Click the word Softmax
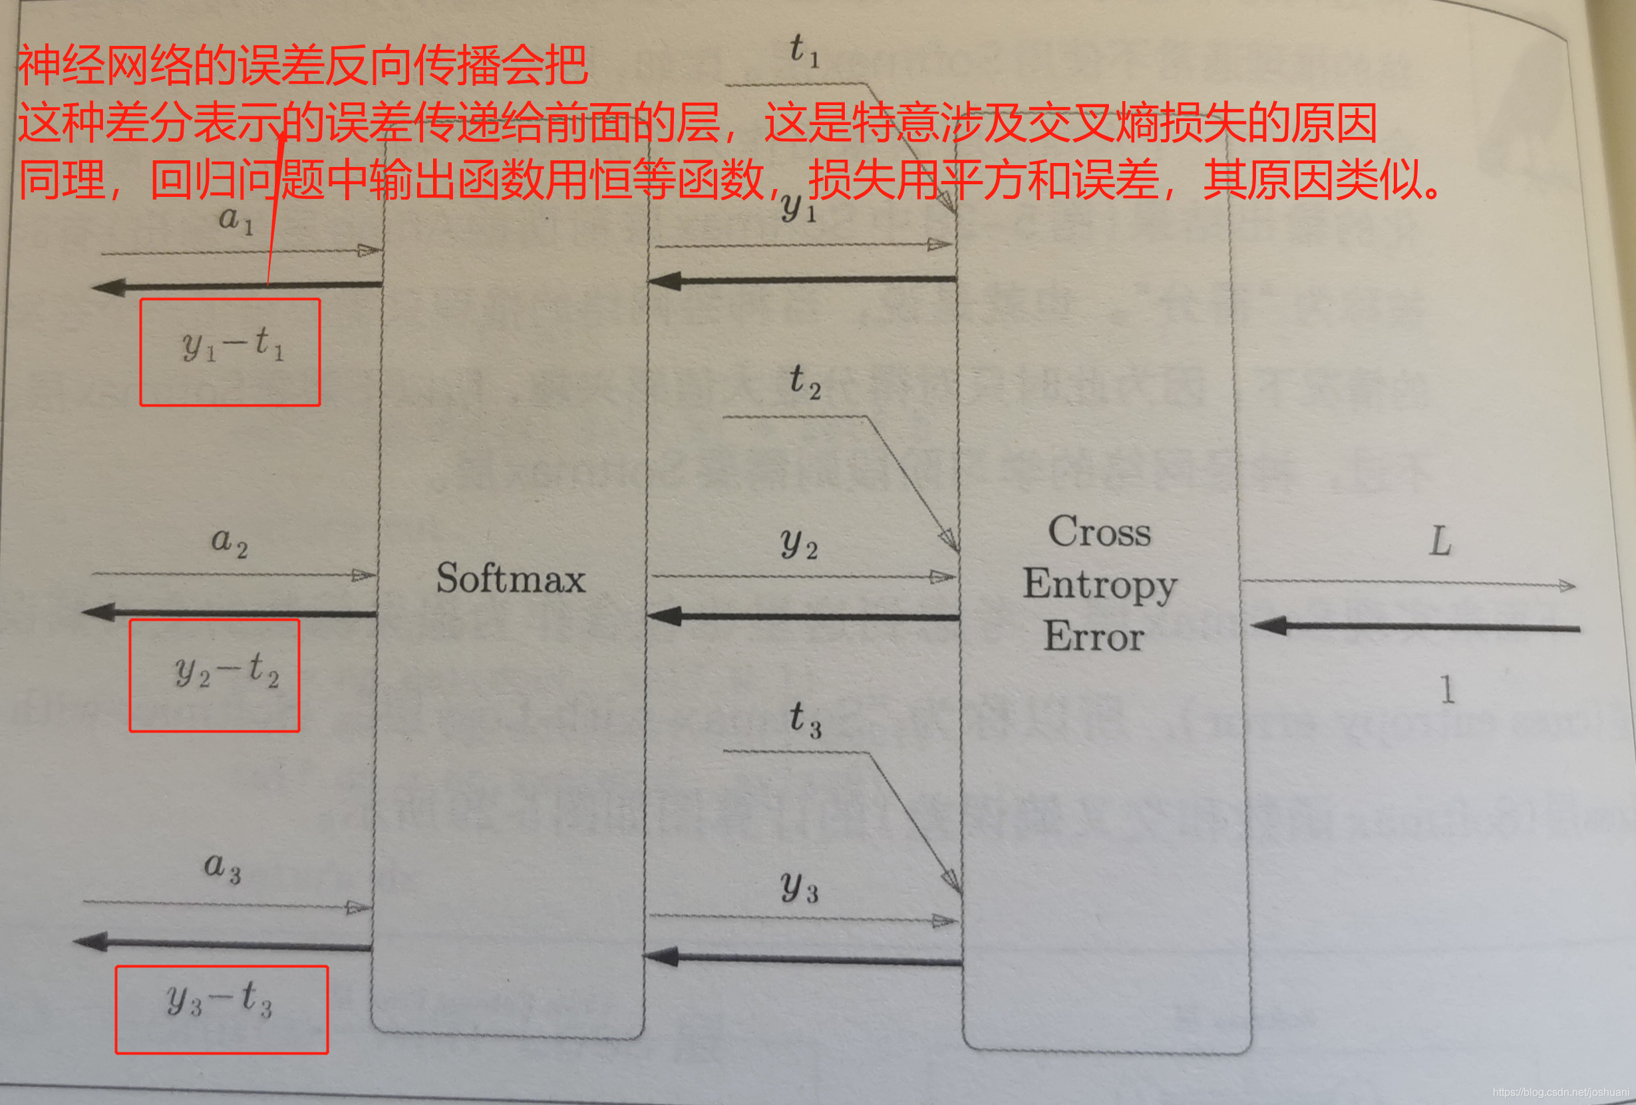510,579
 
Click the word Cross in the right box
1099,532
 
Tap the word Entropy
1100,584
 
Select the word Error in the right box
1093,636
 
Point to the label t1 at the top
803,51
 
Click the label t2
804,381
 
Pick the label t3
804,719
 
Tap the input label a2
230,542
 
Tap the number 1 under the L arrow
1446,689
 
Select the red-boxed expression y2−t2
227,671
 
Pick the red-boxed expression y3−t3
220,999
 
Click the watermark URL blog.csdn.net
1560,1092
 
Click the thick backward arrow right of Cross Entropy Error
1415,627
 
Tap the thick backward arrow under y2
802,617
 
